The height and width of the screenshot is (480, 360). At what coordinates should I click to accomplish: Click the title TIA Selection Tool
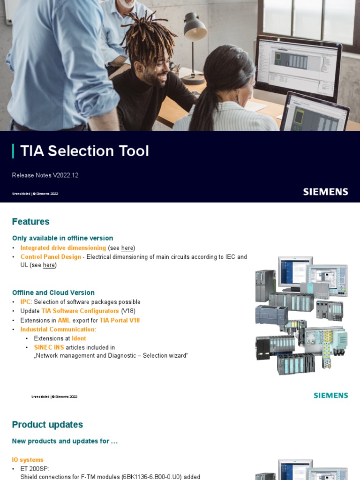click(84, 151)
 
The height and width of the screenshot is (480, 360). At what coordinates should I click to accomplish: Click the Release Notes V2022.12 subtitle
click(45, 175)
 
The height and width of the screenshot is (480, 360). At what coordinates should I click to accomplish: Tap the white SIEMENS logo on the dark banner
click(325, 192)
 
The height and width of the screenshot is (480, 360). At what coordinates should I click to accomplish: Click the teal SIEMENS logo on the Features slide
click(330, 396)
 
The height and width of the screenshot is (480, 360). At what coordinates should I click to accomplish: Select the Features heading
click(30, 222)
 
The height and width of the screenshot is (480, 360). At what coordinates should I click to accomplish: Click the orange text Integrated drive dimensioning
click(63, 248)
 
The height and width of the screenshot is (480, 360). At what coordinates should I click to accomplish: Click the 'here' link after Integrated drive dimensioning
click(127, 248)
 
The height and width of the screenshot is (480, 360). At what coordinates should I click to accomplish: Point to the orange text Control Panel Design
click(51, 257)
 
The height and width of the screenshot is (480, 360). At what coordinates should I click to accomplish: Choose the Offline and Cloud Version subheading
click(53, 292)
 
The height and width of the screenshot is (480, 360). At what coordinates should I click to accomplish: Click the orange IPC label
click(26, 302)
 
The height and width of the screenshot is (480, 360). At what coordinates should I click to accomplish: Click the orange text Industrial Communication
click(58, 330)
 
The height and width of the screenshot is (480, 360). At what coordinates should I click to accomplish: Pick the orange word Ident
click(79, 338)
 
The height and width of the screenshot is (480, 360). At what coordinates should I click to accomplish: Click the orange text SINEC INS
click(49, 347)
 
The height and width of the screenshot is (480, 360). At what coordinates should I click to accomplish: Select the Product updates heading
click(47, 425)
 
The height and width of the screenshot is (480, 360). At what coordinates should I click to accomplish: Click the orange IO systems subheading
click(28, 460)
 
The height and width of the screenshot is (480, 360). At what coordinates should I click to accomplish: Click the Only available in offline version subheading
click(62, 238)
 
